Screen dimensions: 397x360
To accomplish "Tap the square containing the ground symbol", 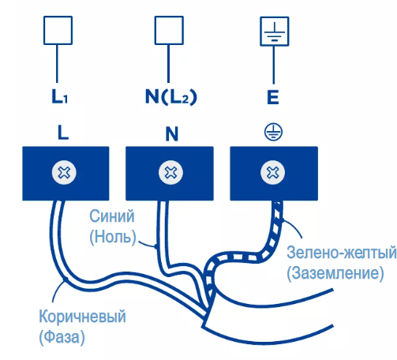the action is [275, 32].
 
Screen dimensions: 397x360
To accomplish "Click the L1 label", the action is [60, 96].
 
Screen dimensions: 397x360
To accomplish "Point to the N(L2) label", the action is [171, 97].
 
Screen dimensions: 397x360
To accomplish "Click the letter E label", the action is [273, 97].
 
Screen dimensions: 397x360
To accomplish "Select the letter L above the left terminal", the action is [63, 133].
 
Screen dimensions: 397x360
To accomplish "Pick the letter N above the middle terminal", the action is [172, 133].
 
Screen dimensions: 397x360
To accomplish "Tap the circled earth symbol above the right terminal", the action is [273, 131].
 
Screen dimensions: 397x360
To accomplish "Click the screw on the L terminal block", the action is [64, 173].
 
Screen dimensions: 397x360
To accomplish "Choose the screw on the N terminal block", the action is [170, 173].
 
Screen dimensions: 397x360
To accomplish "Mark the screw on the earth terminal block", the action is [272, 173].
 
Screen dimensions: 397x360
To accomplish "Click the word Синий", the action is [112, 216].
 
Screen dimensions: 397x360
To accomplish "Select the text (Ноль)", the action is [113, 237].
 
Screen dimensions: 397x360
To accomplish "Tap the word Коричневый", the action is [82, 317].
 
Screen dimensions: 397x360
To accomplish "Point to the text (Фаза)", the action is [62, 336].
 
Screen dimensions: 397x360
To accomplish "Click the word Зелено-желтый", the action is [341, 252].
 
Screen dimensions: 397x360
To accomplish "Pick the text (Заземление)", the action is [335, 273].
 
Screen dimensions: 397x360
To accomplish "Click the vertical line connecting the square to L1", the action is [57, 63].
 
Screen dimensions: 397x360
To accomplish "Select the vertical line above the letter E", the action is [274, 65].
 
